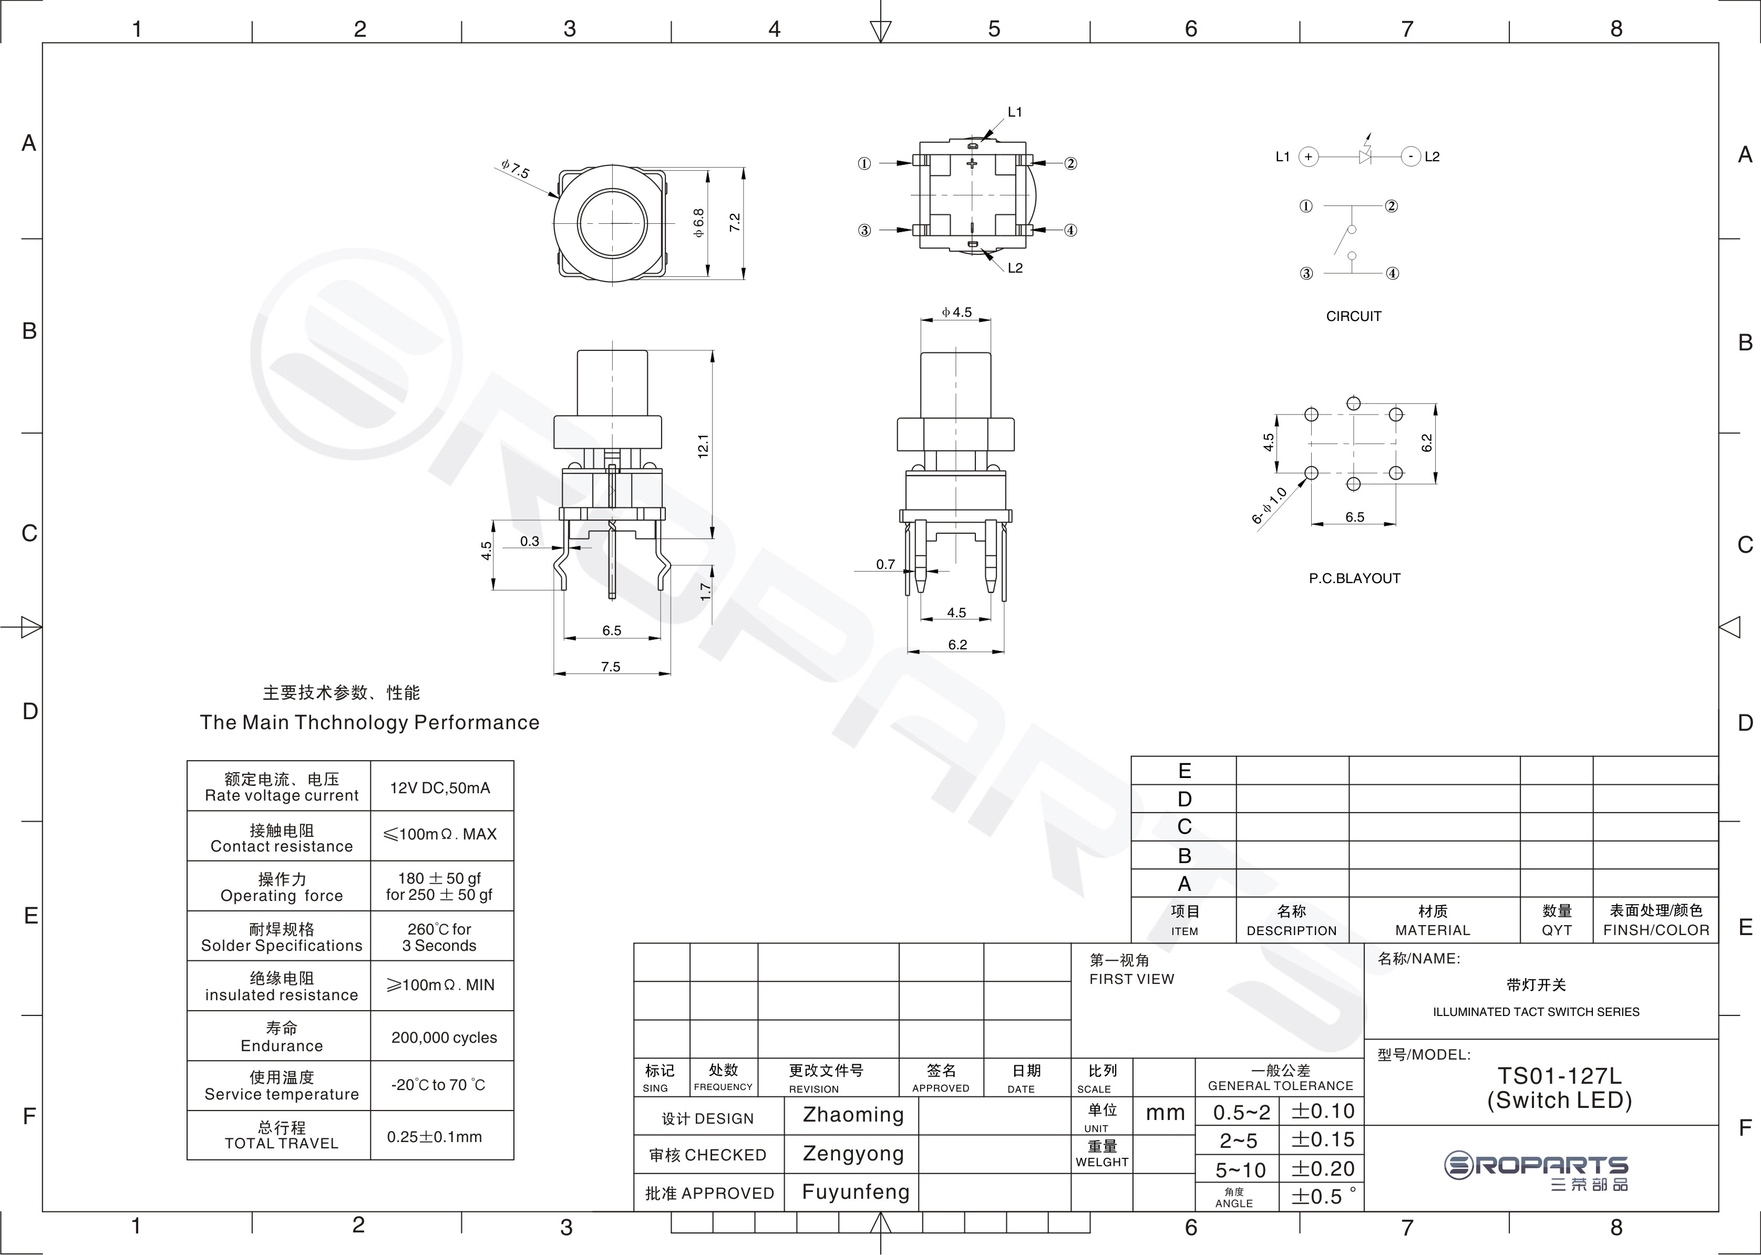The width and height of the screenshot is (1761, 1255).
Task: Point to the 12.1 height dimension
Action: pyautogui.click(x=703, y=446)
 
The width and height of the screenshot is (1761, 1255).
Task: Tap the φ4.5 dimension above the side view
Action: pyautogui.click(x=956, y=312)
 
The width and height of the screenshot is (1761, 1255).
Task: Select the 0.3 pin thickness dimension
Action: pyautogui.click(x=530, y=541)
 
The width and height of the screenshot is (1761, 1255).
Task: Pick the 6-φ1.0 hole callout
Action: pyautogui.click(x=1269, y=505)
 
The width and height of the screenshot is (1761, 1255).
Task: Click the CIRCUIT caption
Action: pyautogui.click(x=1354, y=316)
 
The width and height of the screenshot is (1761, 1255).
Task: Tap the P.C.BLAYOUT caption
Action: pyautogui.click(x=1354, y=578)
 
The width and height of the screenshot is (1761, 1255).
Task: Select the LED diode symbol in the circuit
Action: pyautogui.click(x=1366, y=156)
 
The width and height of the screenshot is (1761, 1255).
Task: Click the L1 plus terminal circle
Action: pyautogui.click(x=1308, y=157)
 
